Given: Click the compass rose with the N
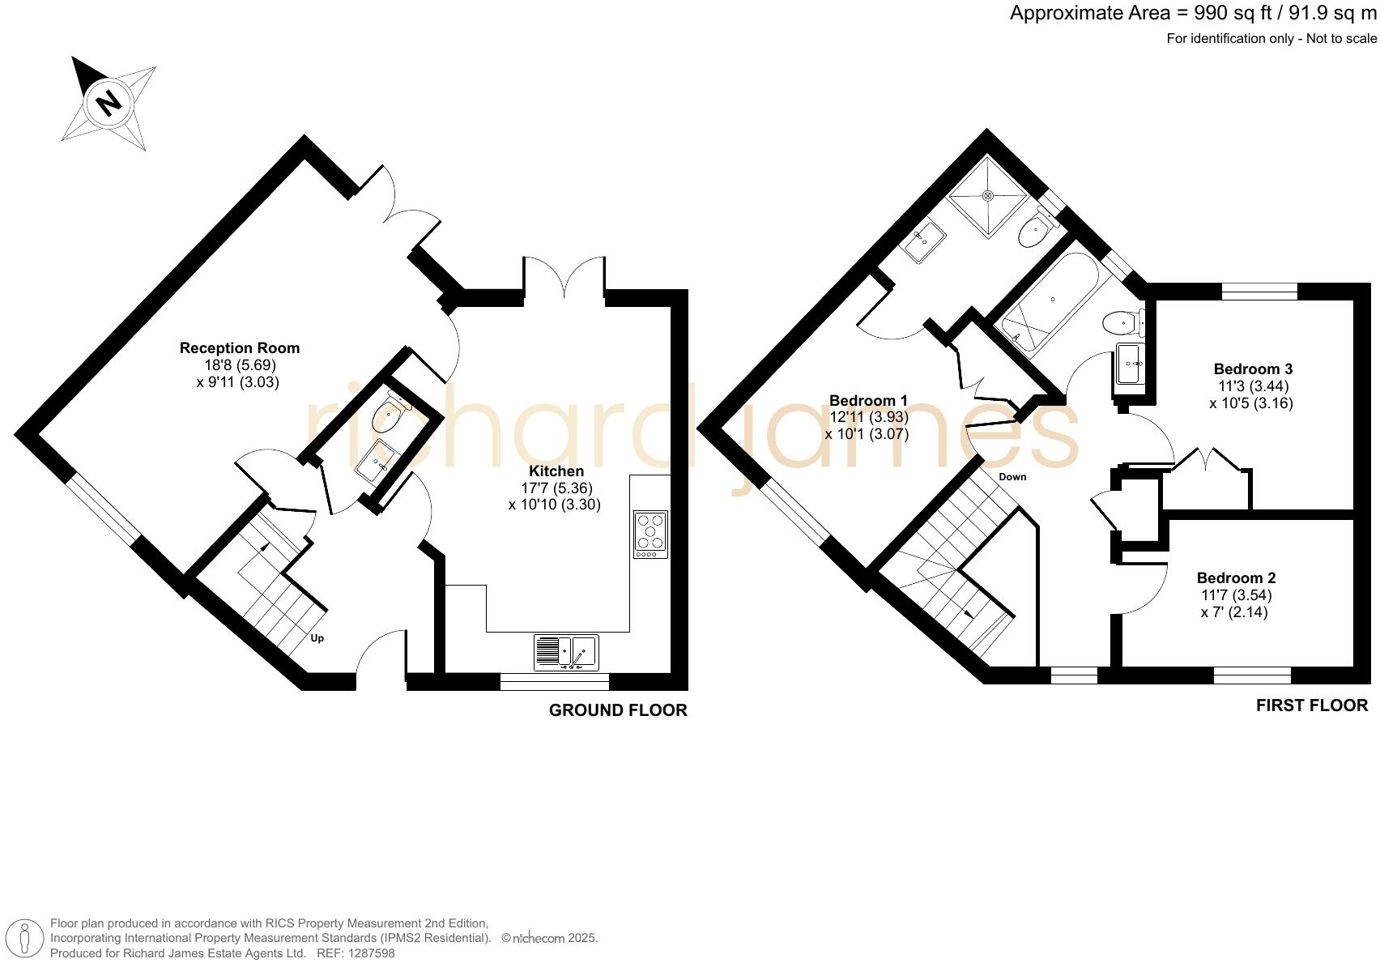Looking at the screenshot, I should point(109,103).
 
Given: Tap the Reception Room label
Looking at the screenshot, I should point(239,348).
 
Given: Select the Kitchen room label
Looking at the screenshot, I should point(556,471).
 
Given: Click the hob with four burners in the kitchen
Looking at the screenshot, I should point(650,534).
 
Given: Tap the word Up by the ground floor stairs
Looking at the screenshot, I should point(317,638).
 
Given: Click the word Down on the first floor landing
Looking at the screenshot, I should point(1012,477).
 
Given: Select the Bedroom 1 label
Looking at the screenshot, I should point(868,400).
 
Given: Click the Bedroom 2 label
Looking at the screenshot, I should point(1236,577).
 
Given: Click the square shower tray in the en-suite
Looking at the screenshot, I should point(988,195).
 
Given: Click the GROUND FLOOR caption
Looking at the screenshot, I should point(618,710).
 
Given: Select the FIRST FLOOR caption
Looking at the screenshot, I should point(1311,705).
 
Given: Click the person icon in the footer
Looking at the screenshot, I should point(26,939).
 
